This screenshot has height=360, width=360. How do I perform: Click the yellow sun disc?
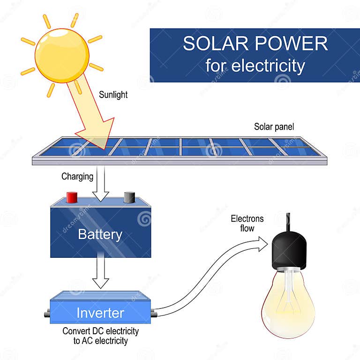(x=61, y=55)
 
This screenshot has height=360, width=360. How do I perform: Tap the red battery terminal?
(x=72, y=197)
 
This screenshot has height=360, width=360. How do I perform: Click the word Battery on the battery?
(x=100, y=234)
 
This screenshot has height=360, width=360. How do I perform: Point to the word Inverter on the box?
(x=100, y=313)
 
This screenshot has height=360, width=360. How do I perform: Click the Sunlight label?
(x=113, y=95)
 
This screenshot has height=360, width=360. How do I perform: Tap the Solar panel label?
(x=274, y=127)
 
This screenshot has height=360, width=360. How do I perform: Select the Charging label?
(x=77, y=177)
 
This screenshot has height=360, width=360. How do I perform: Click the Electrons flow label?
(x=247, y=224)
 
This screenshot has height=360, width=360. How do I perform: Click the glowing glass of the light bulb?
(x=288, y=302)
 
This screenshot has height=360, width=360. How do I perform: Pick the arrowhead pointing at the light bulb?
(x=262, y=243)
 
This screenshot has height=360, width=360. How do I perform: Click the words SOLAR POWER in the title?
(x=255, y=43)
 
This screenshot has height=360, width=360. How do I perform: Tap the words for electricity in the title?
(x=255, y=66)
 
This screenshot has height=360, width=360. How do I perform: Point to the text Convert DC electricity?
(x=101, y=331)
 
